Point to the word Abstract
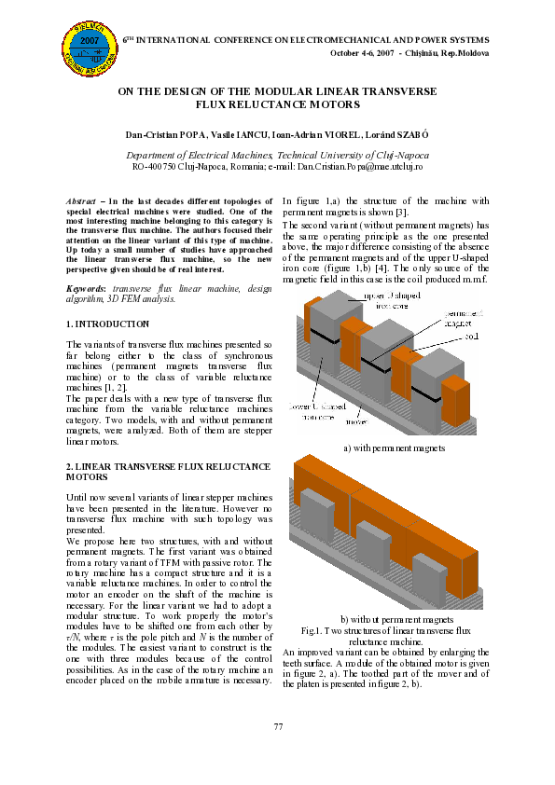81,201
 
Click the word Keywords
85,289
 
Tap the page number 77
277,726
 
